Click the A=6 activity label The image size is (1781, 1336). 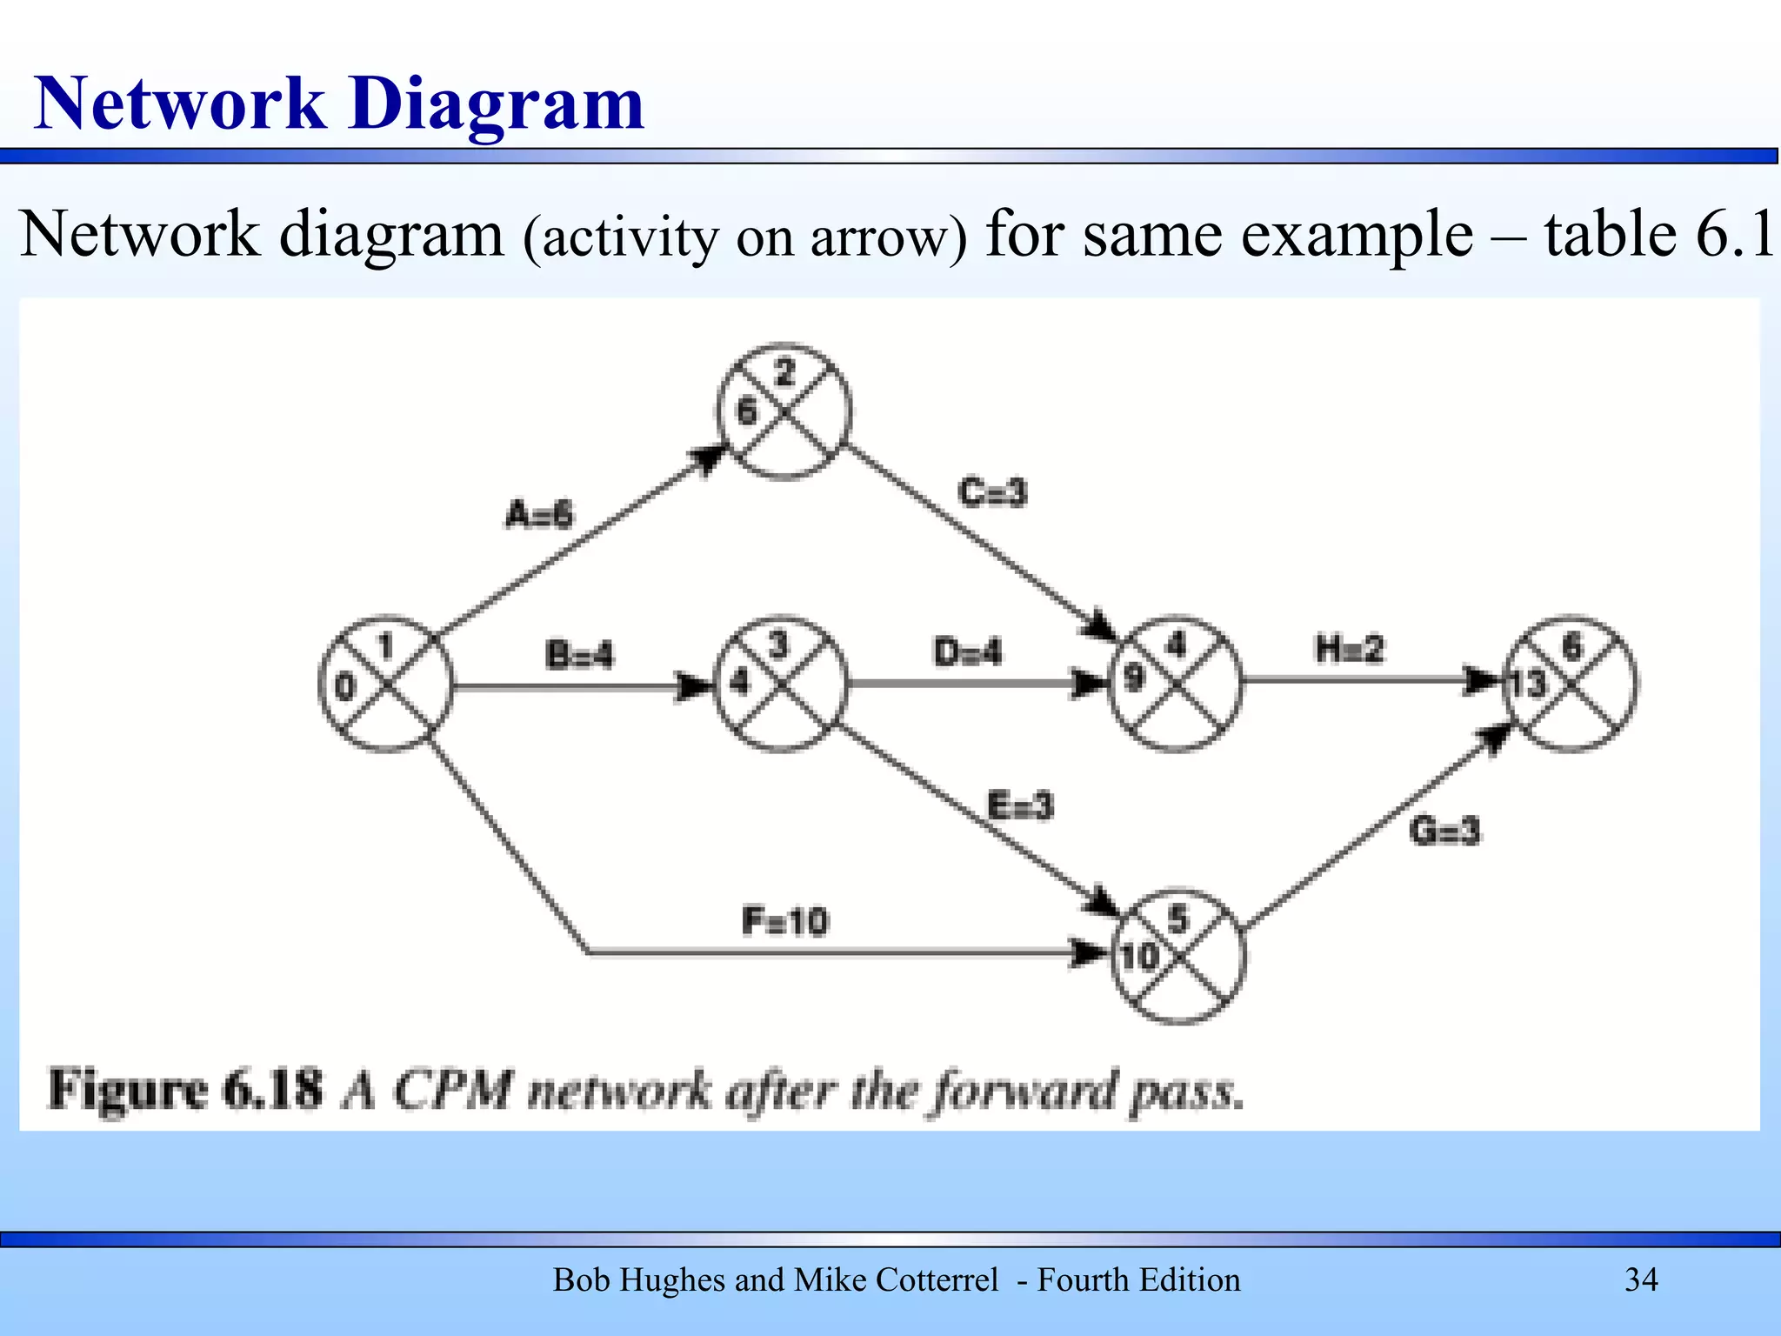pos(539,514)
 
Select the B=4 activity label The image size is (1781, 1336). pos(579,654)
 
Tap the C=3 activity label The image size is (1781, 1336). pos(992,492)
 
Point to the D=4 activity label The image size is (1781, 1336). pos(967,651)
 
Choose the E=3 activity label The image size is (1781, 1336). pos(1020,805)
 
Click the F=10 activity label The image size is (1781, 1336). pos(785,921)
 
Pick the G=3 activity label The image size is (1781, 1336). pos(1444,832)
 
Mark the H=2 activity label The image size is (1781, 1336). pos(1349,649)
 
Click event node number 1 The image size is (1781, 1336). pos(386,685)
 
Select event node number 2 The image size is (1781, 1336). pos(784,411)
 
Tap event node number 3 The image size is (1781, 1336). pos(780,684)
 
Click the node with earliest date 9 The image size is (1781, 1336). pos(1176,683)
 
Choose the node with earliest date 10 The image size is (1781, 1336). pos(1178,956)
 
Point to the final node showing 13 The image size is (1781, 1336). pos(1571,683)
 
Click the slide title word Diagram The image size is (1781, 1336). pos(497,104)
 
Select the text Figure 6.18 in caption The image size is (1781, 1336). pos(185,1090)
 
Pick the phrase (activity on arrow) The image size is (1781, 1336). pos(744,238)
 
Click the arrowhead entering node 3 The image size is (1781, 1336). pos(696,686)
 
